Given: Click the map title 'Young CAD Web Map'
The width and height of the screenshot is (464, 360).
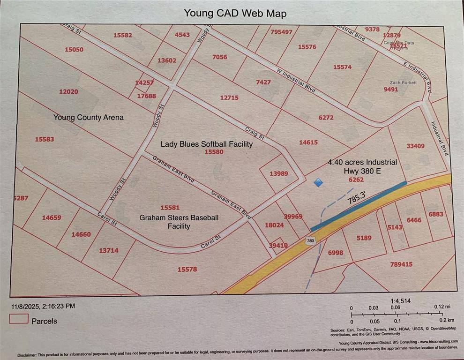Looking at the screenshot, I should coord(235,13).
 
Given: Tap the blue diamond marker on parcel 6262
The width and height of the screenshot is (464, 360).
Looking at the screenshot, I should coord(318,182).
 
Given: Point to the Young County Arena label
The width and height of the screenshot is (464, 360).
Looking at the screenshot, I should coord(89,117).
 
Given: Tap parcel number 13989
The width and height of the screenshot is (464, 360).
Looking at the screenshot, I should coord(279,173).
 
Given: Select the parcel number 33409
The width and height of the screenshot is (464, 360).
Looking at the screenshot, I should coord(415,146).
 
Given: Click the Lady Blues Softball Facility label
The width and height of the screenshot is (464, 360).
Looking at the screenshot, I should coord(207,144).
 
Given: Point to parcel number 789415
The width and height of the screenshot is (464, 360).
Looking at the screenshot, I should coord(401,264).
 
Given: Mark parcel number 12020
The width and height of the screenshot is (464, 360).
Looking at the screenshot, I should coord(68,91).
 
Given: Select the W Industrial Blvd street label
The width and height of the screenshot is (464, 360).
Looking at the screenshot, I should coord(296,81).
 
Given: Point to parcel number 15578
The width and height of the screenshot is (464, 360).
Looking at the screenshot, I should coord(187,269).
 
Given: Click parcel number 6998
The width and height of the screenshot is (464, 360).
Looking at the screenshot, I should coord(336,253).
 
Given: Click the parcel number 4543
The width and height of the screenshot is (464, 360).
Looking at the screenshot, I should coord(182,34).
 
